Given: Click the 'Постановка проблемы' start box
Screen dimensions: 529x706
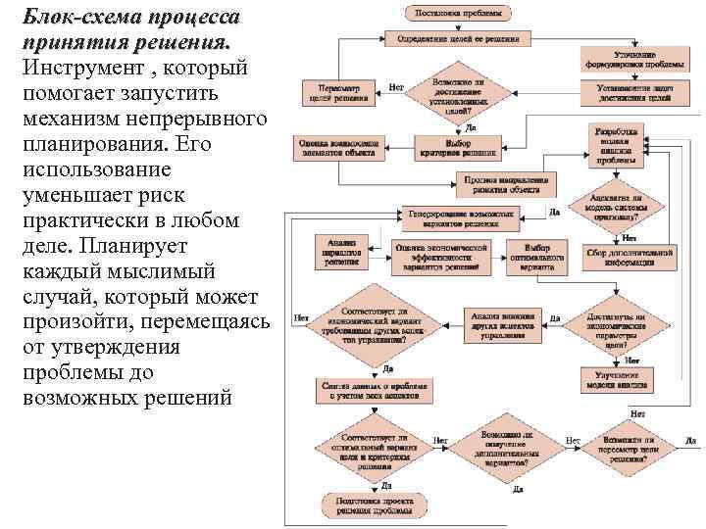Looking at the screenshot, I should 456,15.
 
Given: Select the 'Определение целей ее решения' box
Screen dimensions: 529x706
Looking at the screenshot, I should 458,39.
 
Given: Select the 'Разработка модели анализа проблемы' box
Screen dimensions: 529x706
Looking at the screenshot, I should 617,145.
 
